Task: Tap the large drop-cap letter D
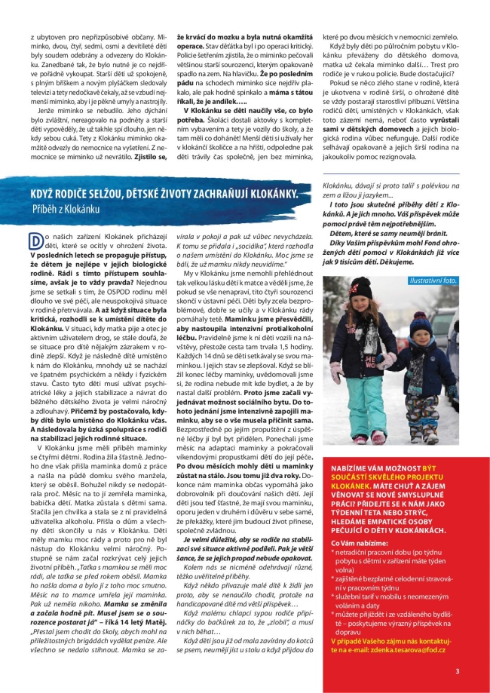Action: [x=35, y=241]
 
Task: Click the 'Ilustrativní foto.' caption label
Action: [x=433, y=281]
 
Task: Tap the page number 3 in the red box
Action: [x=457, y=670]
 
